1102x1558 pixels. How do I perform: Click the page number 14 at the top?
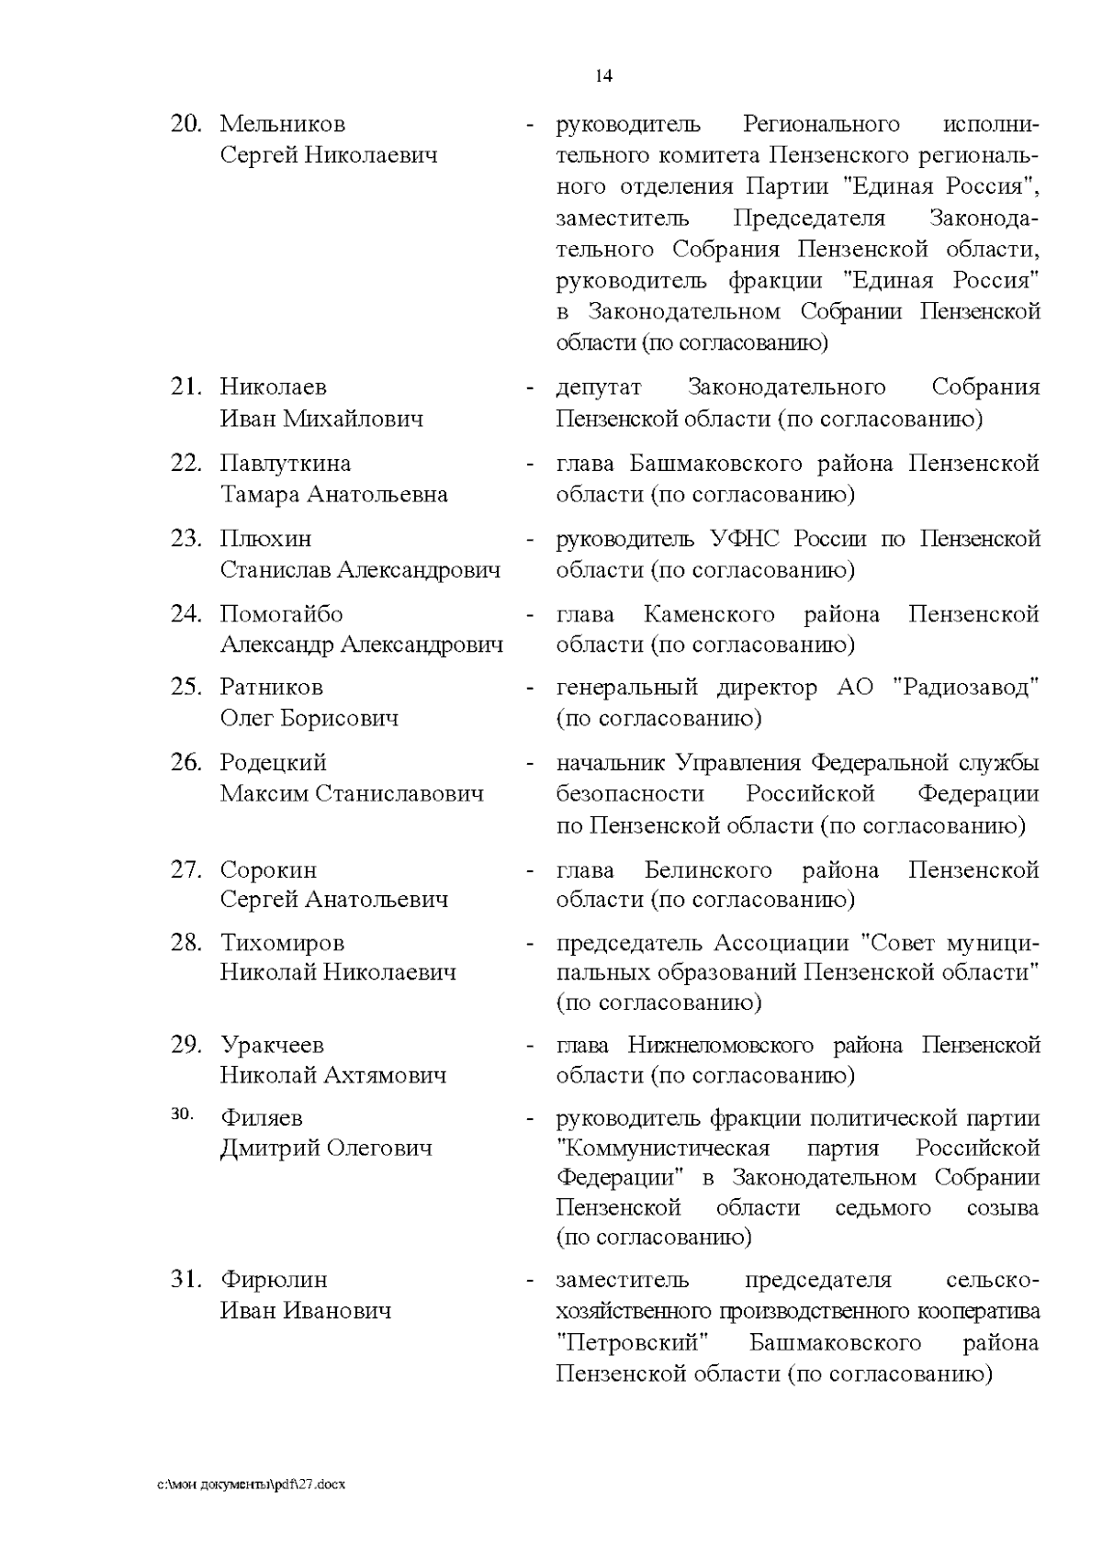coord(604,76)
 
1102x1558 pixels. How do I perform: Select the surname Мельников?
coord(283,124)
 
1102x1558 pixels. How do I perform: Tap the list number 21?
coord(186,387)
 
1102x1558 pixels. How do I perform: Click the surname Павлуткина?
coord(286,464)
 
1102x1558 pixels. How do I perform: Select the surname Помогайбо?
coord(281,614)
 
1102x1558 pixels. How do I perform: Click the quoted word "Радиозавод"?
coord(966,688)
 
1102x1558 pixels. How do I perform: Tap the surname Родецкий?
coord(274,763)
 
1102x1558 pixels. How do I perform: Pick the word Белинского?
coord(708,869)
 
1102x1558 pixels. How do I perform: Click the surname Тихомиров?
coord(283,943)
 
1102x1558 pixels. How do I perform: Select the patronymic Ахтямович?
coord(385,1075)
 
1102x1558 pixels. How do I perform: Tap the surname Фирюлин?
coord(274,1280)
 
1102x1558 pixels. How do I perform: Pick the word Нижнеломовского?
coord(721,1046)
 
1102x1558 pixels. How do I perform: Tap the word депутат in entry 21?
coord(599,387)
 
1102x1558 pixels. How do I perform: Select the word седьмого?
coord(883,1208)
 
